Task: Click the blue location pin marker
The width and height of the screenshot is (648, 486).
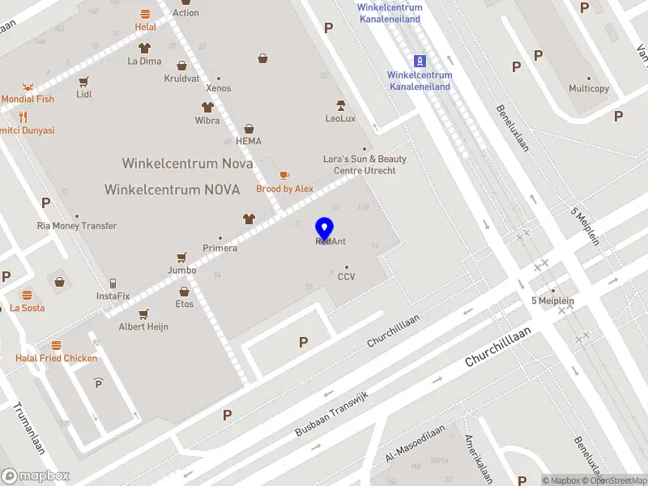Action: [324, 229]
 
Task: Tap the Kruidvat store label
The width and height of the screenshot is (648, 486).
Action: [181, 79]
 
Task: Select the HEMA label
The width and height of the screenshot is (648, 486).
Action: [249, 140]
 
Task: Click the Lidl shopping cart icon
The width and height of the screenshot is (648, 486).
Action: [83, 82]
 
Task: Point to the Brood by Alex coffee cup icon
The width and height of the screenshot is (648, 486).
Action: [284, 176]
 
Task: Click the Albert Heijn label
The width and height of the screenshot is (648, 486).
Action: [143, 326]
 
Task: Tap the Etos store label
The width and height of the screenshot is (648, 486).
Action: [185, 304]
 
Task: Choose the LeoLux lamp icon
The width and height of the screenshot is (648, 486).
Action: [341, 105]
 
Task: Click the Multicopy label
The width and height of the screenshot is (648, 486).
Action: [589, 88]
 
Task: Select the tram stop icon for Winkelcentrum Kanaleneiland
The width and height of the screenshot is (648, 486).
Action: [420, 61]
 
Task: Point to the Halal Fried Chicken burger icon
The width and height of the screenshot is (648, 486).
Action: [56, 345]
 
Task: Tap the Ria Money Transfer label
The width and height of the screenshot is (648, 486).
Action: [77, 226]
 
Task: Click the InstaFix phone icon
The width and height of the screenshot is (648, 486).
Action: [113, 283]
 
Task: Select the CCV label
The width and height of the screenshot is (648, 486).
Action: [347, 277]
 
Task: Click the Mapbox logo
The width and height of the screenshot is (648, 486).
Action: [36, 475]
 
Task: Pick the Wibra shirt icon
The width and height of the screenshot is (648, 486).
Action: [207, 108]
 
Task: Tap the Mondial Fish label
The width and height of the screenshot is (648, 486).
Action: [28, 99]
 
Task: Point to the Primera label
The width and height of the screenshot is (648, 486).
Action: [220, 248]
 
